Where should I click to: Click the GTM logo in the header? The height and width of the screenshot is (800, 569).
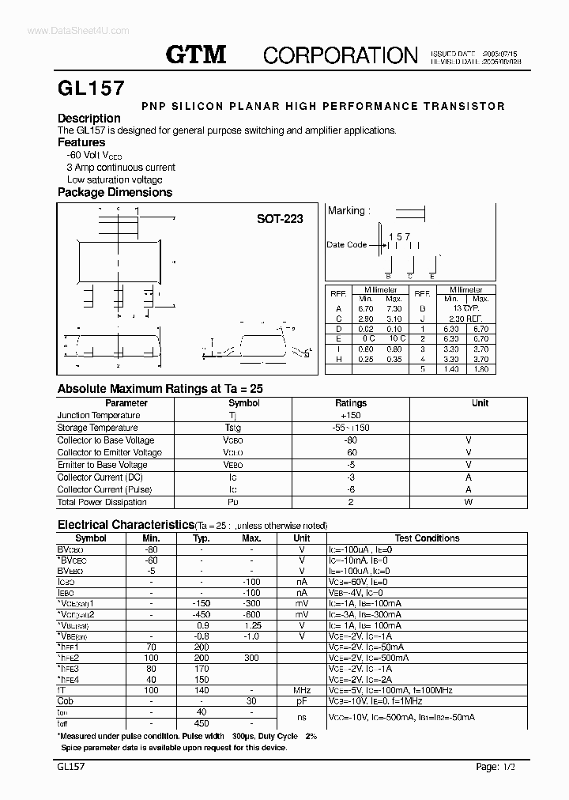(196, 54)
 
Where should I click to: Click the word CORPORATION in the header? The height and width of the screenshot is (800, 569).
(340, 55)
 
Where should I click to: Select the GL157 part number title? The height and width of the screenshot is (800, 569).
(90, 88)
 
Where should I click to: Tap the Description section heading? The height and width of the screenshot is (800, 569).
(89, 119)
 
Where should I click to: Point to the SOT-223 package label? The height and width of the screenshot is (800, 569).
(279, 219)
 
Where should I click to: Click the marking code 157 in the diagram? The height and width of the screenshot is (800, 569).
(399, 236)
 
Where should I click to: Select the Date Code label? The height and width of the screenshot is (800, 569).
(346, 245)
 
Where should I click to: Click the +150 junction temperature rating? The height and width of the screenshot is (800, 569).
(350, 415)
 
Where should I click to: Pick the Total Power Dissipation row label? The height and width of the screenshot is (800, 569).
(103, 502)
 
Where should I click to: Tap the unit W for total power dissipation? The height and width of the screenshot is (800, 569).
(468, 502)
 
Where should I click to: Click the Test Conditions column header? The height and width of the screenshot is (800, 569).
(427, 538)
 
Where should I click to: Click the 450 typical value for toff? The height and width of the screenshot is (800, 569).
(201, 723)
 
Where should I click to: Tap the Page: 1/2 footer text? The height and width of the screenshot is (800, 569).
(500, 766)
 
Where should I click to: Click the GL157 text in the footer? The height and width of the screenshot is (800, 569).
(71, 766)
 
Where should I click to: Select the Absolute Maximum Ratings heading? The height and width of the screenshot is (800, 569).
(160, 389)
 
